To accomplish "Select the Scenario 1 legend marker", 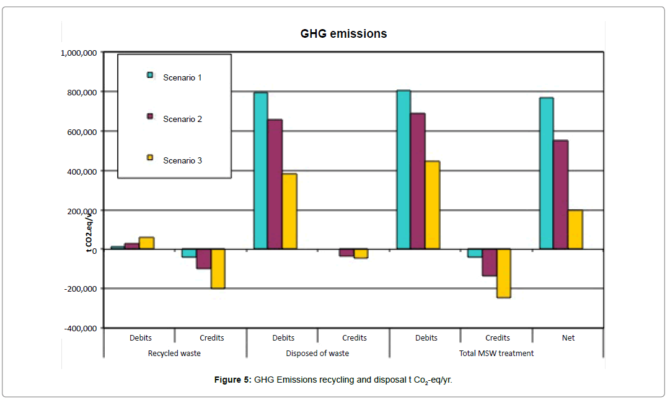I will (149, 75).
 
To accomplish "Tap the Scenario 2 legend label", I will (182, 119).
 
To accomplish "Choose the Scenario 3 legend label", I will (182, 160).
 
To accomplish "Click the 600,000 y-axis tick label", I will (81, 131).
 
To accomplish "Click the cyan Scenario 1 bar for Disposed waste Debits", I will (260, 170).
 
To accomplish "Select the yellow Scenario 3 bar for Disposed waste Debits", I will (289, 211).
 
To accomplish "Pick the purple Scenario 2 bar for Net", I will (560, 194).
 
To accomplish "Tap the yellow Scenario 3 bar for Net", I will (575, 229).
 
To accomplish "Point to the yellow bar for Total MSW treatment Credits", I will (503, 273).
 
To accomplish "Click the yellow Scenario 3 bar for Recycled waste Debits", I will (146, 243).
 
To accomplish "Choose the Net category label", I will (568, 337).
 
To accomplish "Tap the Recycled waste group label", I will (174, 354).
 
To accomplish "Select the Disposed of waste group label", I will (317, 354).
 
